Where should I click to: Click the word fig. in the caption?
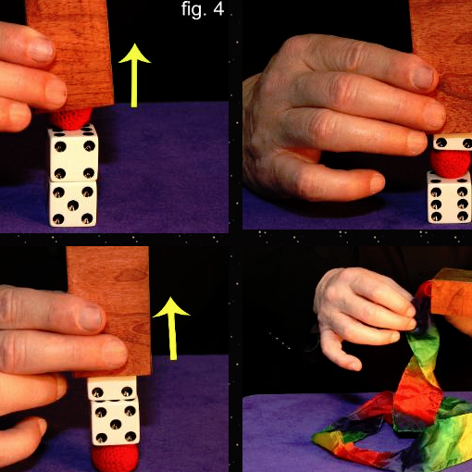(193, 10)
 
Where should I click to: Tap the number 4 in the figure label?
(218, 9)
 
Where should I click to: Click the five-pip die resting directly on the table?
(73, 204)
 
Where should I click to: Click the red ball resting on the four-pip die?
(71, 118)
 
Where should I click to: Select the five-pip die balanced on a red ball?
(115, 422)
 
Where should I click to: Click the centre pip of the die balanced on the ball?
(115, 425)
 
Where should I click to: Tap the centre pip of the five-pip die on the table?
(73, 205)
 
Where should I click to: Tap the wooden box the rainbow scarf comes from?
(452, 292)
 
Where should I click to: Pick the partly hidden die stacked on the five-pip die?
(112, 388)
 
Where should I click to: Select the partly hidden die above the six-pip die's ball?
(453, 143)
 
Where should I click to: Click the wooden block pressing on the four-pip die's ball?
(71, 53)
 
